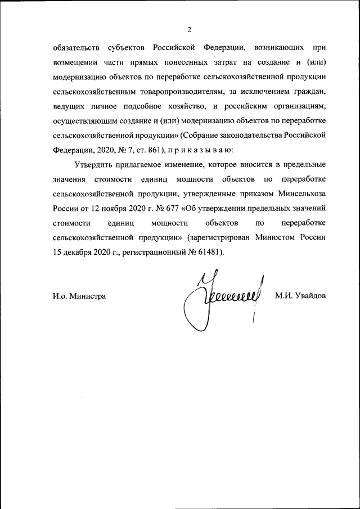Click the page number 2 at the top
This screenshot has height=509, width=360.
pos(189,29)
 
